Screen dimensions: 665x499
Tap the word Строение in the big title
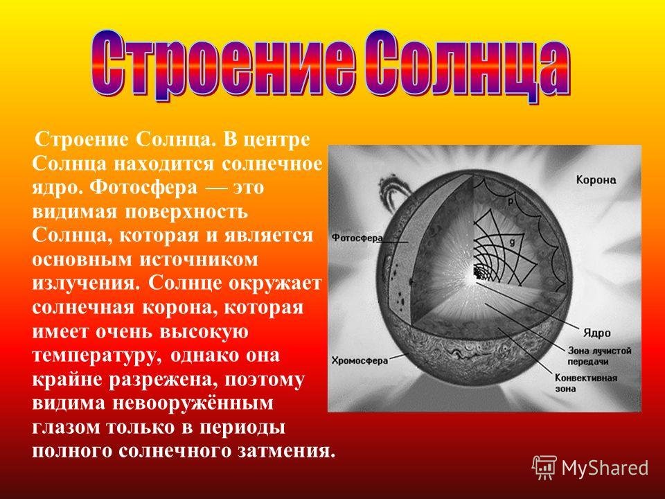coord(222,65)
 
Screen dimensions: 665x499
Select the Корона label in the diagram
coord(596,180)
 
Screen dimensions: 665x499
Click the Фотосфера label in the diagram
coord(357,238)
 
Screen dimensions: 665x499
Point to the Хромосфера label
coord(360,360)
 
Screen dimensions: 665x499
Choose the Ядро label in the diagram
coord(596,333)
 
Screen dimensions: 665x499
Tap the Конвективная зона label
coord(586,383)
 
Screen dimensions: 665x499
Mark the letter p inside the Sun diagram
coord(511,201)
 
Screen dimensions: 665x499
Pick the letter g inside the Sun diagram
coord(512,243)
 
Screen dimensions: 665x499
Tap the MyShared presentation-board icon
coord(544,467)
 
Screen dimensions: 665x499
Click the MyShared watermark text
coord(605,468)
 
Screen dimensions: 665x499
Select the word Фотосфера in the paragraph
coord(144,188)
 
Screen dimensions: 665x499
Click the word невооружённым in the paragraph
coord(193,403)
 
